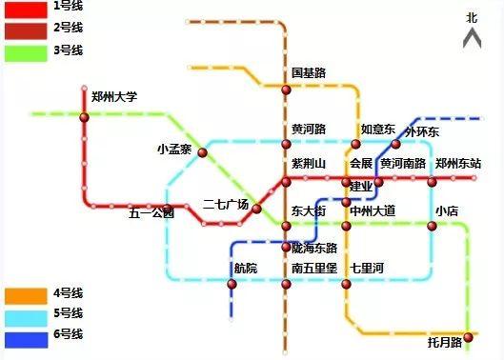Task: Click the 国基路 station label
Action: pos(309,72)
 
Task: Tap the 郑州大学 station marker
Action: pos(84,117)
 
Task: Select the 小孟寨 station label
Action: pos(174,150)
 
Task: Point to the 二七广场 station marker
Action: pos(256,209)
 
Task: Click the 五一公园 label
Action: pos(151,213)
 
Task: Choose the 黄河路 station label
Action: pos(309,129)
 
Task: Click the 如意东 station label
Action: pos(376,129)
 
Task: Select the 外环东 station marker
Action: pos(396,145)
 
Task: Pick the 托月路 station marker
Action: pos(468,335)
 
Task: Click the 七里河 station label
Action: pos(366,268)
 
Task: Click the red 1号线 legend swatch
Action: pos(23,9)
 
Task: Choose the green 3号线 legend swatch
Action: pos(23,51)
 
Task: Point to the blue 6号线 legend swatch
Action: pos(23,337)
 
